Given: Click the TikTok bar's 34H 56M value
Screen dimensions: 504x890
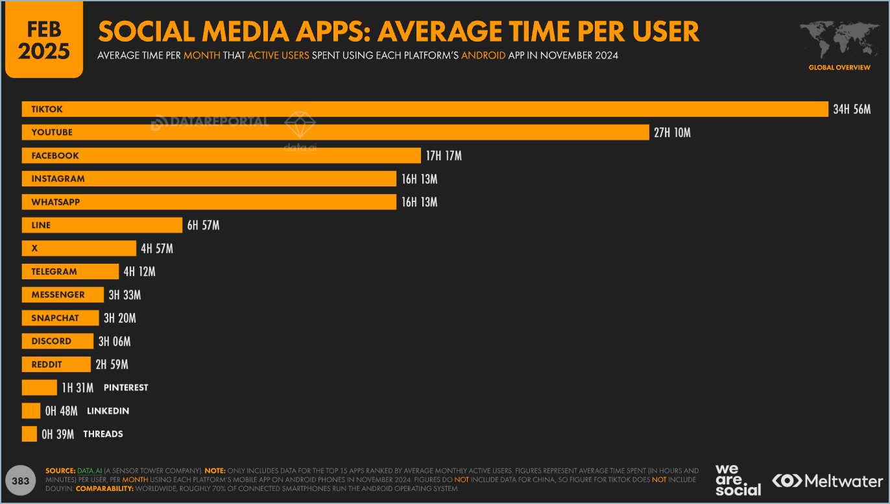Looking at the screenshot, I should (x=852, y=109).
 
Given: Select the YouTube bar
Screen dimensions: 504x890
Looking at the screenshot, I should (x=335, y=132).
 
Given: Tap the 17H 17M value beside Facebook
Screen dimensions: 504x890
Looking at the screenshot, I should (x=444, y=156).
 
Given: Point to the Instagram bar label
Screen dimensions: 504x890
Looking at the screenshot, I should (x=58, y=179).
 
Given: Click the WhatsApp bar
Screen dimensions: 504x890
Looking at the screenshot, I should (x=208, y=202).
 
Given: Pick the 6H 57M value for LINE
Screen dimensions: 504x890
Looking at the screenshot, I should (x=203, y=225).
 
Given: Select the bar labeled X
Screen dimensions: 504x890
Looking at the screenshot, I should (x=78, y=248).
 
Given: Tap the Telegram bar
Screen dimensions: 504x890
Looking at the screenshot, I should (x=70, y=271).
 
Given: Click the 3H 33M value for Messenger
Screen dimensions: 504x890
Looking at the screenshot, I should (x=125, y=295).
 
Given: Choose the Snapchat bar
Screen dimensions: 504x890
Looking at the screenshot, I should (x=60, y=318).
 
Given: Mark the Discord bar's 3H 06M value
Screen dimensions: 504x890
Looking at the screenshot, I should (x=114, y=341).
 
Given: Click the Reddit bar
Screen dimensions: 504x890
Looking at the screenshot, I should (x=56, y=364).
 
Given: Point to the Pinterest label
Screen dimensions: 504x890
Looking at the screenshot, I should (x=126, y=388).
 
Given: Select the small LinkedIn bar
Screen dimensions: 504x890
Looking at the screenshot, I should (x=31, y=410).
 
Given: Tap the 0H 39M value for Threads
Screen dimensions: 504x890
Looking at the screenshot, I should (x=58, y=434).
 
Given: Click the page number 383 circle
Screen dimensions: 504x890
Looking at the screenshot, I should (x=21, y=481).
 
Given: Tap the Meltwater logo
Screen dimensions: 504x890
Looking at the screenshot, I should (x=827, y=481).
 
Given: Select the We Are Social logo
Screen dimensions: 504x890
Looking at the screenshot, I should (x=738, y=480).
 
